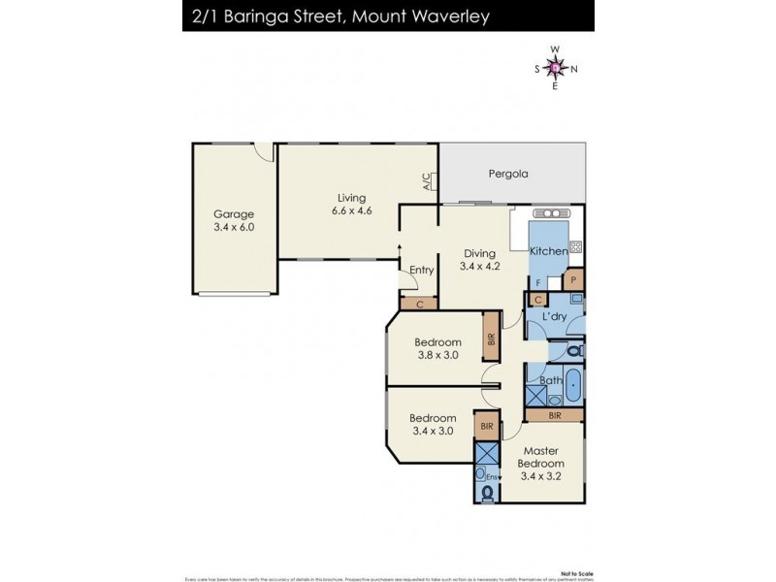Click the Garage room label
(234, 214)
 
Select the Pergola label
(507, 176)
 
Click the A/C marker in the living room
(427, 180)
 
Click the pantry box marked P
(573, 280)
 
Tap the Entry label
(421, 270)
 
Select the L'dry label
(554, 317)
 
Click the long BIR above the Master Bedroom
(554, 414)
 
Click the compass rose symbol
(554, 67)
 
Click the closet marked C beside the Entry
(418, 304)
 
